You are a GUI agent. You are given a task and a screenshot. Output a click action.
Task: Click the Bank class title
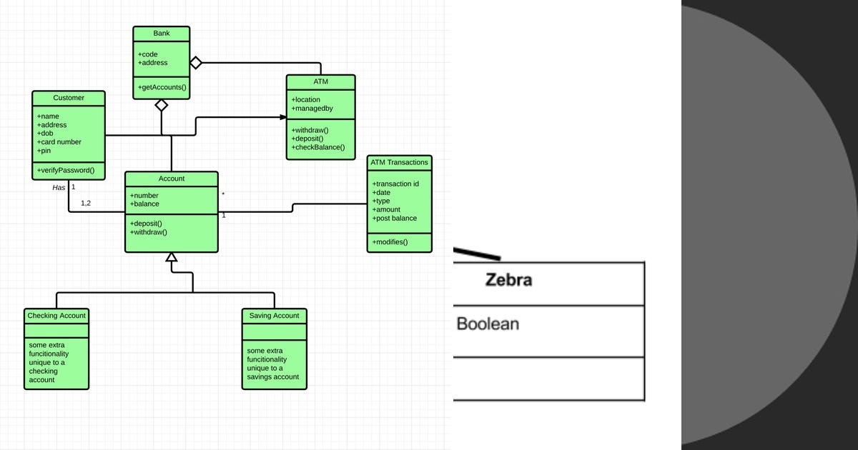pos(162,34)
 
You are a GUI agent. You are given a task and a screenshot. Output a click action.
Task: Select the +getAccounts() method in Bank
pos(162,87)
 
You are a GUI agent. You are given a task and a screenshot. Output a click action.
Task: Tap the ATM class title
pos(320,82)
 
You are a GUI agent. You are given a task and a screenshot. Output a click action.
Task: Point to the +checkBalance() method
pos(318,147)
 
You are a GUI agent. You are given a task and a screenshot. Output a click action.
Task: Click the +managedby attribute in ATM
pos(312,109)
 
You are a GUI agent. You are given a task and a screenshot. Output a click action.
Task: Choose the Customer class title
pos(69,98)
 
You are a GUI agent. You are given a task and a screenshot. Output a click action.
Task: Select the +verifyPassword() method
pos(66,170)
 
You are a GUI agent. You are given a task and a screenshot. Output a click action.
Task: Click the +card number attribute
pos(59,141)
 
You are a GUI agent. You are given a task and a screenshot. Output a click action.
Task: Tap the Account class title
pos(172,179)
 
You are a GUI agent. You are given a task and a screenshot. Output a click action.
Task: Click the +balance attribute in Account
pos(144,204)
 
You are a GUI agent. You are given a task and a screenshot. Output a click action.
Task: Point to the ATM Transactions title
pos(399,162)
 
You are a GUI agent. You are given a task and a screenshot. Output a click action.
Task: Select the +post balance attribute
pos(395,218)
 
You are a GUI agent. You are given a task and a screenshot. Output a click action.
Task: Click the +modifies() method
pos(390,241)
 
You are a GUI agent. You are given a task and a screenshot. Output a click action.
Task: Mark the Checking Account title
pos(56,316)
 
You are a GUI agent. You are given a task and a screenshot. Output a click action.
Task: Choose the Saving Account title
pos(274,316)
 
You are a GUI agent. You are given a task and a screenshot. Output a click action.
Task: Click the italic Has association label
pos(59,188)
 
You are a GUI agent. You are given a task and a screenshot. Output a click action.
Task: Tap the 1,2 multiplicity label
pos(86,204)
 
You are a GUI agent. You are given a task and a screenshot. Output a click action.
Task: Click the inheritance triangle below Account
pos(172,258)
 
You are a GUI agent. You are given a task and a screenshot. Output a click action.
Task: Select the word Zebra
pos(508,280)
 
